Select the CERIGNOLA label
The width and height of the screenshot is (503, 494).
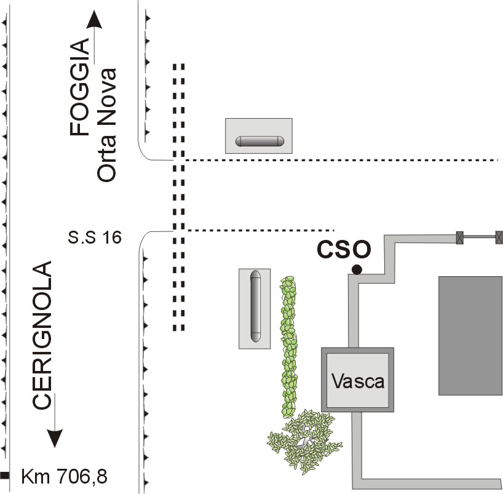[x=41, y=336]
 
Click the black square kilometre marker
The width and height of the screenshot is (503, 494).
[x=5, y=475]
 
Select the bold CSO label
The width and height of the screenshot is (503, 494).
[x=344, y=250]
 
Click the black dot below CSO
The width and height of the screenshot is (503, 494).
[x=356, y=269]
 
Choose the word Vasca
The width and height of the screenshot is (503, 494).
[x=358, y=381]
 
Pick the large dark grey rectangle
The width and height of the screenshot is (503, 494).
[x=470, y=335]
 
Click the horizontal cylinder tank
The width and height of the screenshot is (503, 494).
[x=259, y=141]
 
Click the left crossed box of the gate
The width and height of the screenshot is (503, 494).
[x=459, y=236]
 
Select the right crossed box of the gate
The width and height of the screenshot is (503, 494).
[x=499, y=236]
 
